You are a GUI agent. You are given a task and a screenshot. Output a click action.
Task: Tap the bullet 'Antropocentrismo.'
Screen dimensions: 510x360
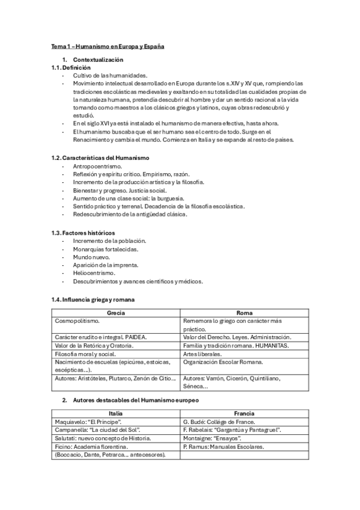[x=97, y=166]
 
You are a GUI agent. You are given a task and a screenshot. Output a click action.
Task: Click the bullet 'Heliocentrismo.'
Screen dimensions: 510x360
[x=94, y=272]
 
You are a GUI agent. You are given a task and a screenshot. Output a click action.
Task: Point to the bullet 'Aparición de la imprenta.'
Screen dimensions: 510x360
[x=106, y=265]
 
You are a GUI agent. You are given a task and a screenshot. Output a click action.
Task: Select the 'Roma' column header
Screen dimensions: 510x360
[x=245, y=313]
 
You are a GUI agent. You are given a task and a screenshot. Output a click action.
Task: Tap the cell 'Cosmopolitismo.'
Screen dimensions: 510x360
[x=78, y=321]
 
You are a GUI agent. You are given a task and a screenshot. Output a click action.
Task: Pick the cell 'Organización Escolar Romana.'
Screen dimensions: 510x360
[x=221, y=363]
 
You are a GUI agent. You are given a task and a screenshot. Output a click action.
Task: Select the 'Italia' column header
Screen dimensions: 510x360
[x=116, y=413]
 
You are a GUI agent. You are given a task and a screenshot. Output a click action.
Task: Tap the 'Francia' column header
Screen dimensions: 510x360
[x=244, y=413]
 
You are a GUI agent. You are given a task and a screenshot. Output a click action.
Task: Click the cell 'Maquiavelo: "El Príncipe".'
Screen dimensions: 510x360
[x=84, y=422]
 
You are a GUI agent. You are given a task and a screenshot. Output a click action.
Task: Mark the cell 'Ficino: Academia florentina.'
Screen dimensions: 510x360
[x=91, y=447]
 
